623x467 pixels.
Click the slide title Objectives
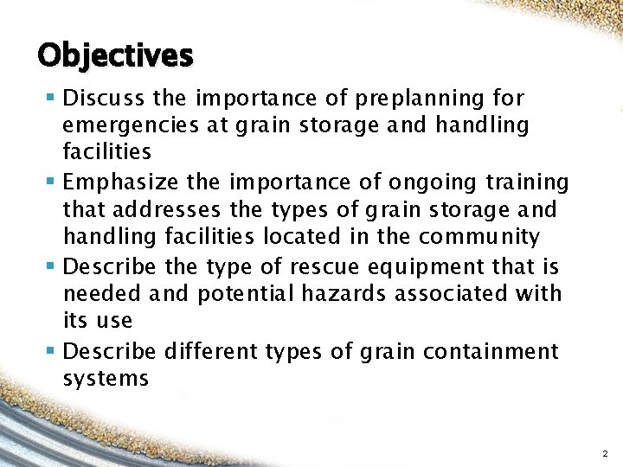115,55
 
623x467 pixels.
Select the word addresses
169,210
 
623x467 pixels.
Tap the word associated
468,293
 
